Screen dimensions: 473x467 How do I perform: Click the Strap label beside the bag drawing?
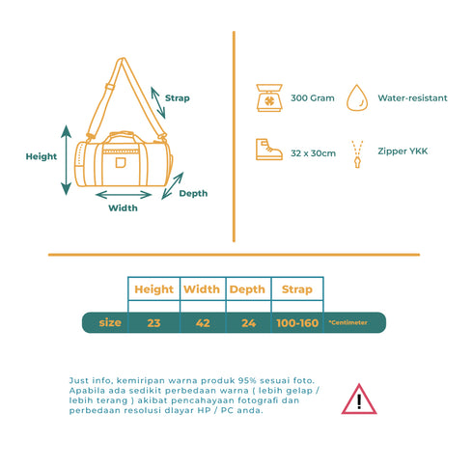pyautogui.click(x=178, y=98)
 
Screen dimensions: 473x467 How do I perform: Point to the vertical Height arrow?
pyautogui.click(x=67, y=160)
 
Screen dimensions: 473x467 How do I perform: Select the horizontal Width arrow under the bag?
pyautogui.click(x=124, y=195)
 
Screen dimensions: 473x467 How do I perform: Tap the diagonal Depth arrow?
pyautogui.click(x=173, y=186)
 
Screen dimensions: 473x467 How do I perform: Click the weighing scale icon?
pyautogui.click(x=269, y=97)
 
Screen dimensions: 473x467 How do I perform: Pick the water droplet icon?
pyautogui.click(x=357, y=97)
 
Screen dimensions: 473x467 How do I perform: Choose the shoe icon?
pyautogui.click(x=269, y=150)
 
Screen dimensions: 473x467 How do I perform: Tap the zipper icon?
pyautogui.click(x=357, y=154)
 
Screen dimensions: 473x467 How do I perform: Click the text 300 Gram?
pyautogui.click(x=313, y=98)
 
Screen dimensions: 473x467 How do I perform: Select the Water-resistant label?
pyautogui.click(x=412, y=98)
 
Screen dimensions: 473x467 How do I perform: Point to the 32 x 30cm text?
pyautogui.click(x=313, y=153)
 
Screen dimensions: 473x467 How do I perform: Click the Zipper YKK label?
pyautogui.click(x=403, y=151)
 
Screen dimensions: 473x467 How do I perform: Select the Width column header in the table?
pyautogui.click(x=202, y=289)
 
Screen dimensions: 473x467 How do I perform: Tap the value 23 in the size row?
pyautogui.click(x=153, y=323)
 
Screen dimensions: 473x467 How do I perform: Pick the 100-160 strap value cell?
pyautogui.click(x=297, y=323)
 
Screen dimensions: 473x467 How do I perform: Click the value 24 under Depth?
pyautogui.click(x=249, y=323)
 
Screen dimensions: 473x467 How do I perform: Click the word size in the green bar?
pyautogui.click(x=110, y=322)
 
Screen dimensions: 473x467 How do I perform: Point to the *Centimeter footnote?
pyautogui.click(x=348, y=322)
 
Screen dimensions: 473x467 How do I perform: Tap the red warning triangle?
pyautogui.click(x=359, y=398)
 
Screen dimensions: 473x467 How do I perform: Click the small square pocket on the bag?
pyautogui.click(x=121, y=163)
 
